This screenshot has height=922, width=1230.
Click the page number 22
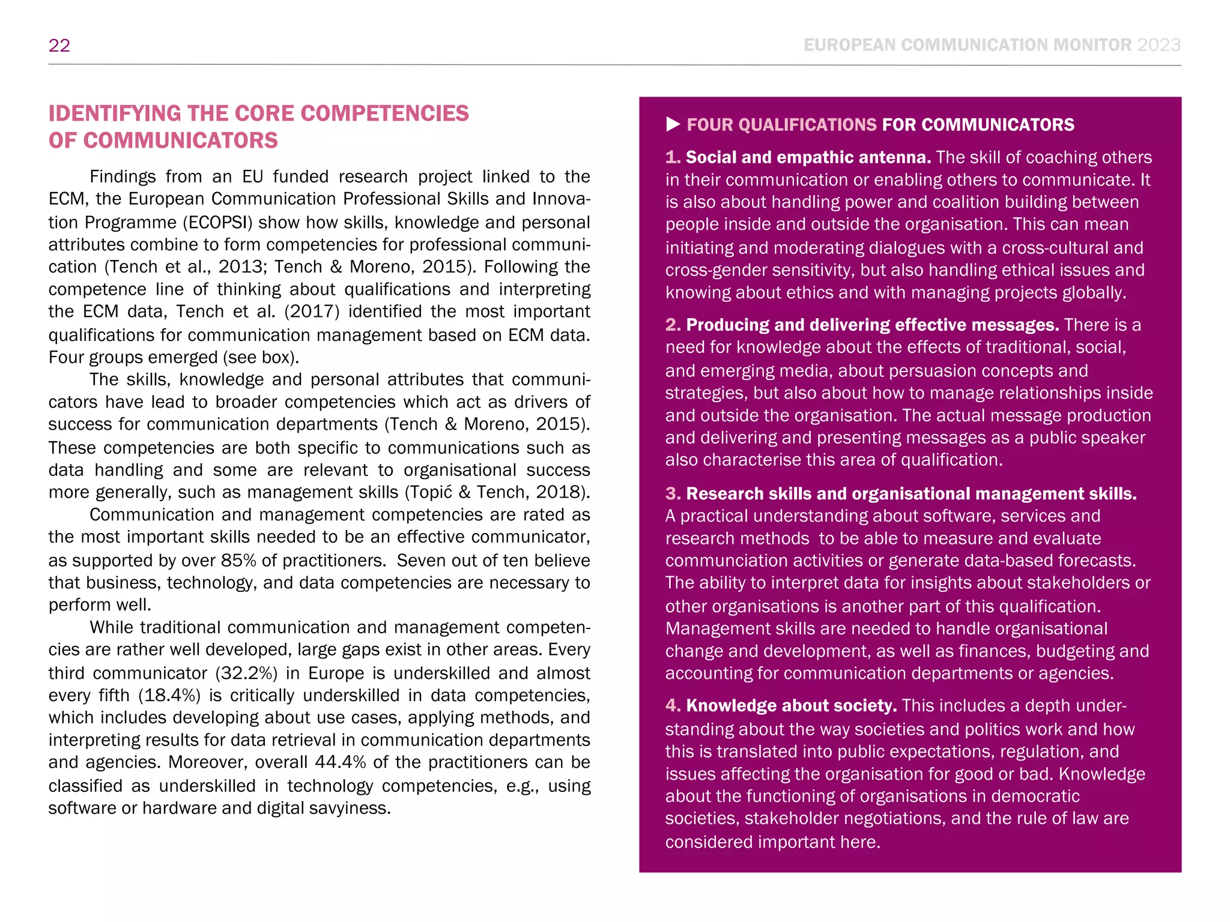pyautogui.click(x=59, y=46)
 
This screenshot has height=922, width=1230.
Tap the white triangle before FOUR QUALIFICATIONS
pyautogui.click(x=673, y=124)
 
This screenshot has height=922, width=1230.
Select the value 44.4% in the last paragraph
pyautogui.click(x=340, y=762)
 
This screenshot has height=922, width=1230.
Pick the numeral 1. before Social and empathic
pyautogui.click(x=673, y=157)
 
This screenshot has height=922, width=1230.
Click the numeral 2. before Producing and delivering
pyautogui.click(x=673, y=325)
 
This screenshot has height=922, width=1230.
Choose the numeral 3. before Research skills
pyautogui.click(x=673, y=493)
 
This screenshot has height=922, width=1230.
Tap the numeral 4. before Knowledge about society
pyautogui.click(x=673, y=705)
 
